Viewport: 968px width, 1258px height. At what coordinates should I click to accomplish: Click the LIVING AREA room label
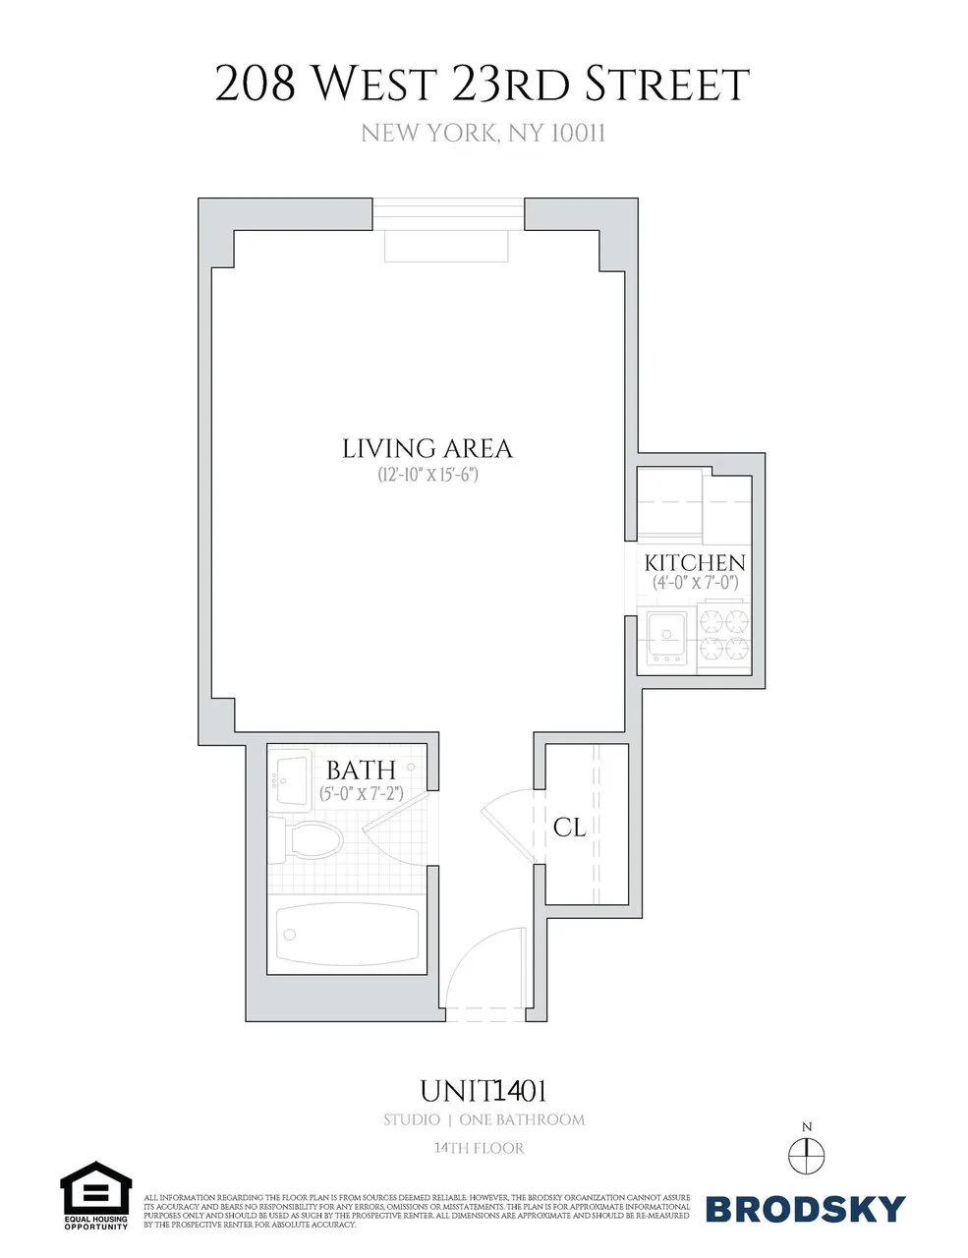tap(427, 448)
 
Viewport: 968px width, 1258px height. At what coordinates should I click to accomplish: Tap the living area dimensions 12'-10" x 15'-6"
tap(427, 475)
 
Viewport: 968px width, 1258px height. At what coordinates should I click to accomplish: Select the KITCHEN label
tap(695, 563)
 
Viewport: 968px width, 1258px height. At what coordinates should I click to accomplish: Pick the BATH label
tap(361, 770)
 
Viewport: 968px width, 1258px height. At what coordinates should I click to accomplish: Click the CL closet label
tap(569, 828)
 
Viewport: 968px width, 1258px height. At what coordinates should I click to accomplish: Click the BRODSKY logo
tap(805, 1208)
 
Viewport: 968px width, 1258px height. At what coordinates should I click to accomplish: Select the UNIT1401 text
tap(484, 1091)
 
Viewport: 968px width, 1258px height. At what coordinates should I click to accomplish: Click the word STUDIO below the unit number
tap(412, 1119)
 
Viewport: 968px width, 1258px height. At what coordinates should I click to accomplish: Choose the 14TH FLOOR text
tap(479, 1148)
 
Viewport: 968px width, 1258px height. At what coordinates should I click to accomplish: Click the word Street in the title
tap(668, 86)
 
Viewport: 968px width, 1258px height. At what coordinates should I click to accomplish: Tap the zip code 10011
tap(575, 133)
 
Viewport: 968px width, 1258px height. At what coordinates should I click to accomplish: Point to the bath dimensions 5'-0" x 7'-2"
tap(362, 792)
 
